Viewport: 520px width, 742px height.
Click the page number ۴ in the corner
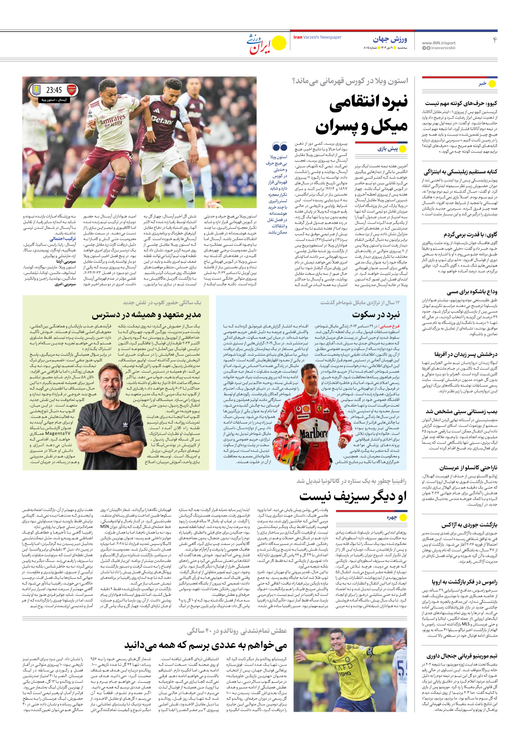(x=495, y=40)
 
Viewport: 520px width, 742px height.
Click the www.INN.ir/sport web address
(x=438, y=43)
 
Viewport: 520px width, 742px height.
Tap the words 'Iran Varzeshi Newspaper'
(x=317, y=37)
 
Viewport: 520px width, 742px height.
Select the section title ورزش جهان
(x=390, y=39)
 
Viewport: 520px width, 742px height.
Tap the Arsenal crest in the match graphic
(x=72, y=89)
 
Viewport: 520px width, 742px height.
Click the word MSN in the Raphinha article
(x=104, y=526)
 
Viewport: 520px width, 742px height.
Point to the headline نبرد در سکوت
(x=376, y=314)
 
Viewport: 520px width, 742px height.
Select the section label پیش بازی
(x=387, y=148)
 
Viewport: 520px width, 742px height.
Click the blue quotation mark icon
(x=280, y=146)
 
